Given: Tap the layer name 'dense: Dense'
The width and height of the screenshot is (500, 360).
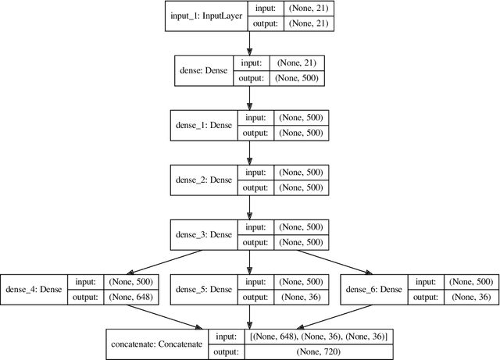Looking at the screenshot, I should (205, 70).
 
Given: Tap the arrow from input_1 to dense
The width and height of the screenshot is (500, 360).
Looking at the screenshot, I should (250, 43).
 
